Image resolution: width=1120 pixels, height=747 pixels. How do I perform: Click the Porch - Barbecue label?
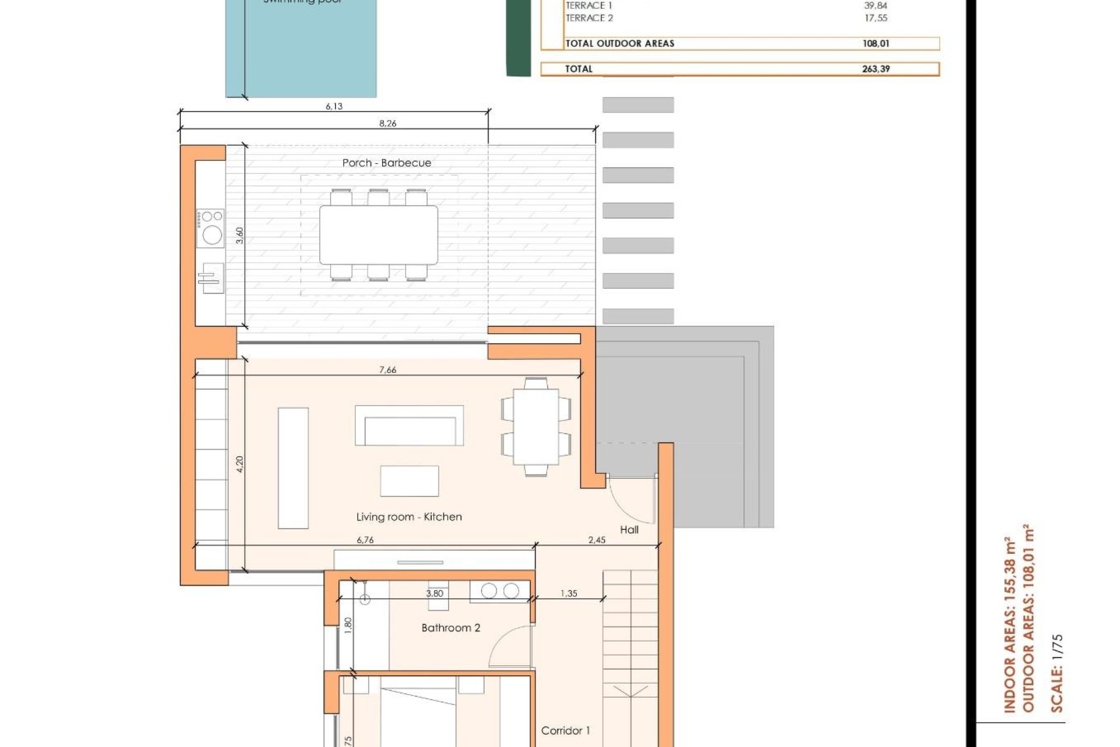coord(387,163)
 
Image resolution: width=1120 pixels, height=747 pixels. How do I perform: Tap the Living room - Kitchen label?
coord(409,516)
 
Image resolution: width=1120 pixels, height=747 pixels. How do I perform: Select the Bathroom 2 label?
coord(450,628)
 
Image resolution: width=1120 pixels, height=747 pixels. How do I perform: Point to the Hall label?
coord(629,530)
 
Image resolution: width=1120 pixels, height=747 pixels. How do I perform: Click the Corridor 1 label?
coord(565,731)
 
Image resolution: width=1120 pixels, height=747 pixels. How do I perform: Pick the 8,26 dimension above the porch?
coord(387,123)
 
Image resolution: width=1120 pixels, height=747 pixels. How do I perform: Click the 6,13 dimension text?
coord(334,106)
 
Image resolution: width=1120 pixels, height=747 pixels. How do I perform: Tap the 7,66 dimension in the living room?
coord(387,369)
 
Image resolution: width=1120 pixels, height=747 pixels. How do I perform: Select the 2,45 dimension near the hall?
coord(596,540)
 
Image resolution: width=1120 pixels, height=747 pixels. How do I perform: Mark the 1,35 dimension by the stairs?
coord(568,594)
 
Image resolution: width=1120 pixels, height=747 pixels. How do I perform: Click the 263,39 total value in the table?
coord(876,69)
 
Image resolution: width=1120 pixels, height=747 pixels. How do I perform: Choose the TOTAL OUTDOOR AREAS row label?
coord(619,43)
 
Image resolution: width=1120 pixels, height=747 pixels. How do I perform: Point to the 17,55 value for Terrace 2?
coord(876,18)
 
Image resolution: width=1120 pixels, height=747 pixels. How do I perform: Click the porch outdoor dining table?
coord(378,235)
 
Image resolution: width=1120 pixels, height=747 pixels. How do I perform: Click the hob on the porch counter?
coord(211,228)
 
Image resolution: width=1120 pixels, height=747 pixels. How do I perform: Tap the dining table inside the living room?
coord(535,427)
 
